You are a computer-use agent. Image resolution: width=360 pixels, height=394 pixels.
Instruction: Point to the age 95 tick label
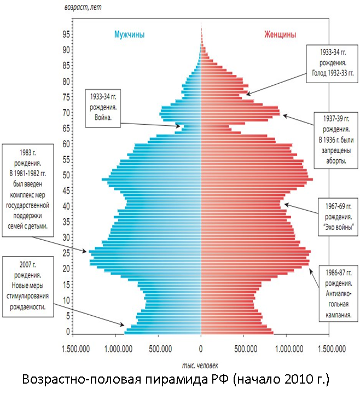pyautogui.click(x=66, y=33)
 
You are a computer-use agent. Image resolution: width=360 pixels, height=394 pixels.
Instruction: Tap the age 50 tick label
pyautogui.click(x=66, y=175)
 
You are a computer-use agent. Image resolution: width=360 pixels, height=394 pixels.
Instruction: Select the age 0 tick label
pyautogui.click(x=68, y=332)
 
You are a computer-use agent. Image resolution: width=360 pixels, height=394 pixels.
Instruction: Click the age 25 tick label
pyautogui.click(x=66, y=253)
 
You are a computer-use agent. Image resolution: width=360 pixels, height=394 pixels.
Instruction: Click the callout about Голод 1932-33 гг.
pyautogui.click(x=333, y=62)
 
